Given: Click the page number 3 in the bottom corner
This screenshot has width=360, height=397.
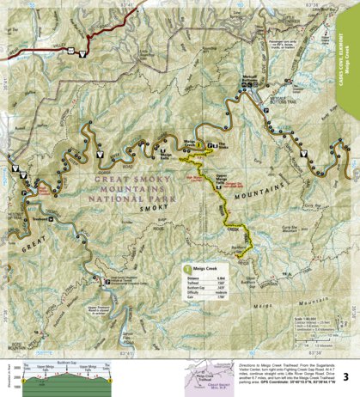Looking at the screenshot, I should [x=345, y=376].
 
